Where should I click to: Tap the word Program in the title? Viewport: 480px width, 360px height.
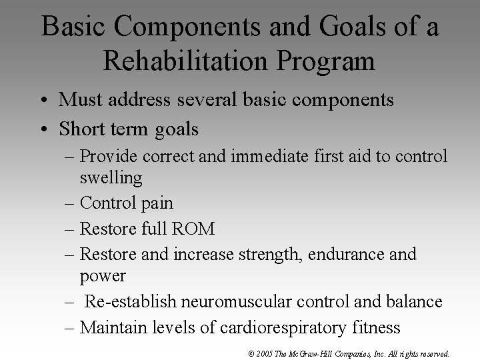point(329,61)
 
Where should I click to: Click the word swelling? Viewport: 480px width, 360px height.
point(111,177)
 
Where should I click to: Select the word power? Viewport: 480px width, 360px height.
point(103,275)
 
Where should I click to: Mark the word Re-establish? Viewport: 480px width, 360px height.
point(126,301)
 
